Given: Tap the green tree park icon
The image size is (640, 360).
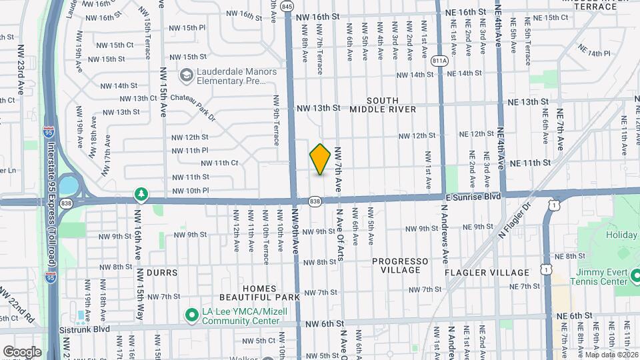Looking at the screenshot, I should pos(141,194).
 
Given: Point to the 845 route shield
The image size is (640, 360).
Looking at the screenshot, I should pos(287,6).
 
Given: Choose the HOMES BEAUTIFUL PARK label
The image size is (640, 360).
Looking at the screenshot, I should pos(261,292).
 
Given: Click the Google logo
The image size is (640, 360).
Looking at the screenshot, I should pos(22,351).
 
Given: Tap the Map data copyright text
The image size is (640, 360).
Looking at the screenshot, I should pos(611,355).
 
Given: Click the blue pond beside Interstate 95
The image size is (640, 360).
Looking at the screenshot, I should pos(68,184).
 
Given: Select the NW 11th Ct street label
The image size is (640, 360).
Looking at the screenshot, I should pos(219,163).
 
